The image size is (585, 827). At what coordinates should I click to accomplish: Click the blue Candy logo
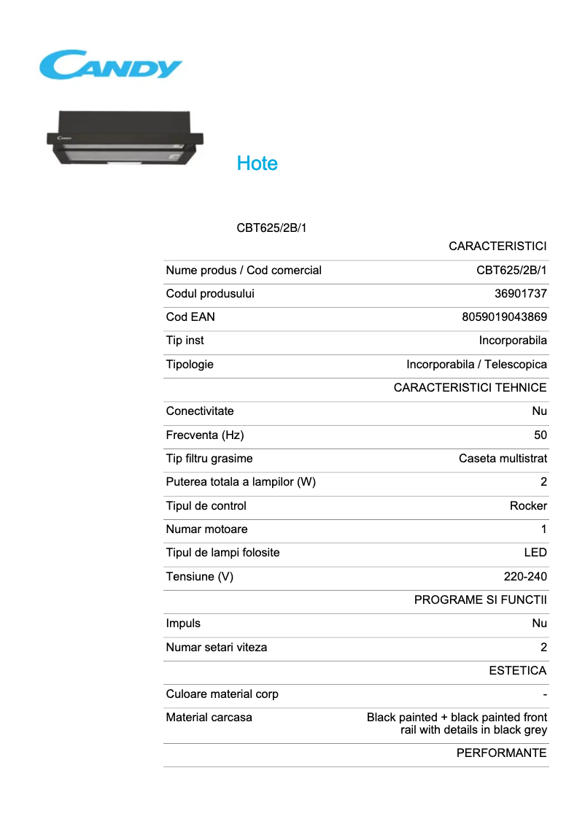[110, 65]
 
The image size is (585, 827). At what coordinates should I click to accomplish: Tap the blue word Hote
[257, 163]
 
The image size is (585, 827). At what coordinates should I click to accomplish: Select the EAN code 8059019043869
[504, 317]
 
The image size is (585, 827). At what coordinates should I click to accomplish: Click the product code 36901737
[521, 294]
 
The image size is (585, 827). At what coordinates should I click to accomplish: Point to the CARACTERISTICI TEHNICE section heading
[470, 388]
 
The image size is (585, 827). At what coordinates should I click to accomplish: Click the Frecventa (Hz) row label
[205, 435]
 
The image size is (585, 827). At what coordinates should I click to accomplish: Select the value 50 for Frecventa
[540, 435]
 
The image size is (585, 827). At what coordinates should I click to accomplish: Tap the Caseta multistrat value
[503, 459]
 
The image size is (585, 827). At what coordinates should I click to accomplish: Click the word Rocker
[528, 506]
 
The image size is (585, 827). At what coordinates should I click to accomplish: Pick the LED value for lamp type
[535, 553]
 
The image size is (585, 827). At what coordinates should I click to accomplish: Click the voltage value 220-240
[525, 577]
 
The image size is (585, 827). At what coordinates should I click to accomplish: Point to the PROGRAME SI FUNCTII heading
[480, 600]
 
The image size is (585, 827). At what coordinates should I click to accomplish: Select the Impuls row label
[183, 624]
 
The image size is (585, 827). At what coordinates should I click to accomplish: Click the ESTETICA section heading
[517, 671]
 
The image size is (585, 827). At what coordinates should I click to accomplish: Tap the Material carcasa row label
[209, 718]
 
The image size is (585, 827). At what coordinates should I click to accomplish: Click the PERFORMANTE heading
[501, 753]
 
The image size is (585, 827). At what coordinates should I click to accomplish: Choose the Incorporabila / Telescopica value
[476, 365]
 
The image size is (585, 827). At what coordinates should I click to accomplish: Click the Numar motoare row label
[206, 529]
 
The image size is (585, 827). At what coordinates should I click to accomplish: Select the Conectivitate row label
[200, 411]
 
